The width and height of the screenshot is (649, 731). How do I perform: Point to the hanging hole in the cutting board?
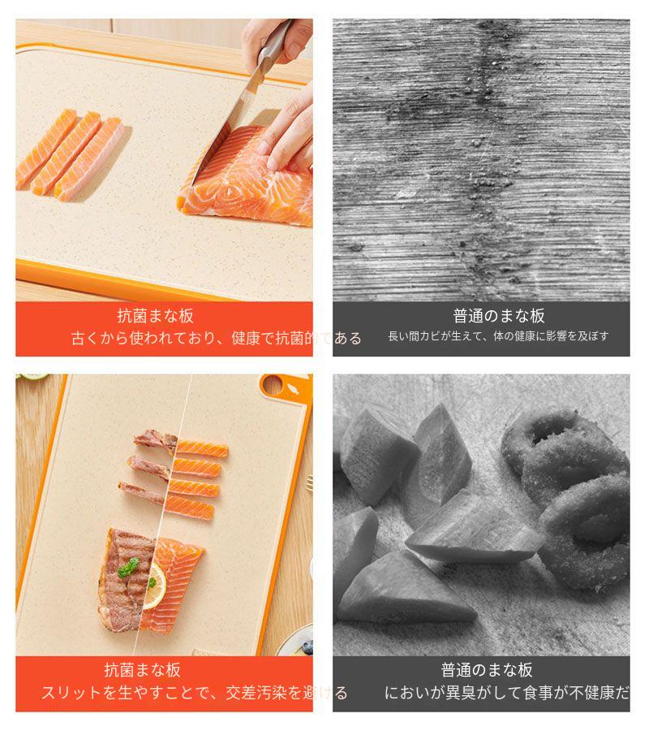pos(273,385)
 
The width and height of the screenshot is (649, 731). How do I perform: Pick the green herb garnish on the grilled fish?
pos(128,568)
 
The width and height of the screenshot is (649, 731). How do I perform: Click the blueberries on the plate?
pos(306,647)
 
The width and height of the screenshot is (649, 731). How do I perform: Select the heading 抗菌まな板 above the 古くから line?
pos(156,316)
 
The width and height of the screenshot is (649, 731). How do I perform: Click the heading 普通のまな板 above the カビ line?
pos(499,316)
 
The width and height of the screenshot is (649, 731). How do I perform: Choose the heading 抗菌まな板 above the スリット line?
pos(143,670)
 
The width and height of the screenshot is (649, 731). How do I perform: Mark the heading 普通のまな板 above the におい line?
pos(487,670)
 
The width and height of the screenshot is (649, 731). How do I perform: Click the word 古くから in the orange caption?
pos(99,338)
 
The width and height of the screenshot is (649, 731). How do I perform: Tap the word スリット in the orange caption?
pos(71,693)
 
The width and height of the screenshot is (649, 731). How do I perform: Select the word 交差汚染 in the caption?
pos(256,693)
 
